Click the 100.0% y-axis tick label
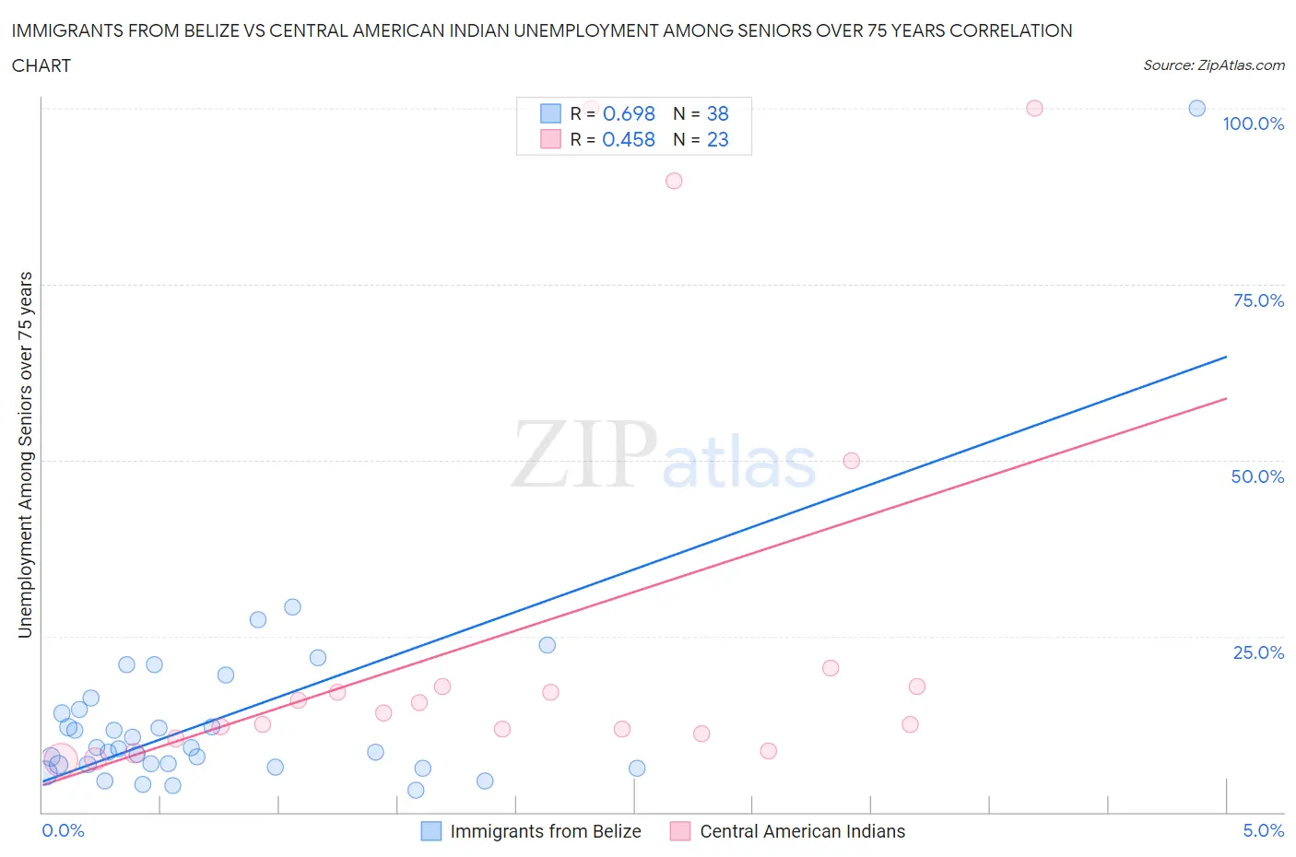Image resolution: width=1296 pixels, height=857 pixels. (x=1253, y=123)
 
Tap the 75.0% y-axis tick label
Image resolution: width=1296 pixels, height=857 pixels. (x=1258, y=300)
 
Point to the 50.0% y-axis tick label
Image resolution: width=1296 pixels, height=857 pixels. (x=1257, y=476)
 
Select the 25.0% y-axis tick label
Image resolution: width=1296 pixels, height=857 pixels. (x=1258, y=652)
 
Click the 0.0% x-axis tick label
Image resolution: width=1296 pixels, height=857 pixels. (x=63, y=830)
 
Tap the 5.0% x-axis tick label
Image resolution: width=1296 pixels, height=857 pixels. (x=1263, y=830)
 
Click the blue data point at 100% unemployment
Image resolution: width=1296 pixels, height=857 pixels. (x=1196, y=109)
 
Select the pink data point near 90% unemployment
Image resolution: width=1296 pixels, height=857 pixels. (x=674, y=181)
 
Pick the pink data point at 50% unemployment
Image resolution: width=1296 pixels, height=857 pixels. (x=851, y=461)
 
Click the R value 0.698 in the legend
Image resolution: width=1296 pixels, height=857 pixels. (x=629, y=113)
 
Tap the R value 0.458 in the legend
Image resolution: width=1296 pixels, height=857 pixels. (x=629, y=139)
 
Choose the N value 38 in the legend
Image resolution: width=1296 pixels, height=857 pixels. (x=717, y=113)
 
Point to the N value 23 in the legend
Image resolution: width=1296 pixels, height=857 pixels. (x=717, y=139)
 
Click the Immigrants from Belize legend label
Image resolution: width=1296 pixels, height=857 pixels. (x=545, y=831)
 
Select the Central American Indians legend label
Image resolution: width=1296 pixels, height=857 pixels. (x=802, y=831)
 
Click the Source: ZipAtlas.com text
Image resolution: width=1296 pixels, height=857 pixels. (x=1213, y=65)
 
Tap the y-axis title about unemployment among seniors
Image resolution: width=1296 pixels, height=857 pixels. (x=26, y=455)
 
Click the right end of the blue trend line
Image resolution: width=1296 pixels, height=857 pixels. (x=1226, y=357)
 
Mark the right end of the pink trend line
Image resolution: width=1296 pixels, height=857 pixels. (x=1226, y=398)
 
